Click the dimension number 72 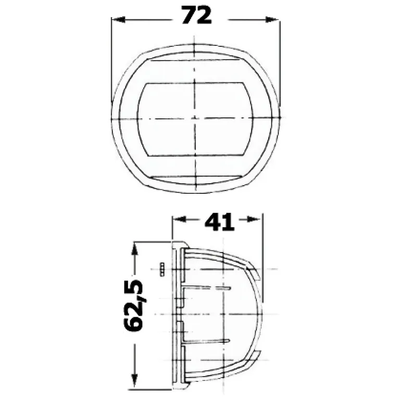(196, 15)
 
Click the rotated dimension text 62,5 (134, 305)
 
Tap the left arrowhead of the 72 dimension (118, 19)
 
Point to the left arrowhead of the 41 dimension (179, 219)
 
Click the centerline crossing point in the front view (194, 118)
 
